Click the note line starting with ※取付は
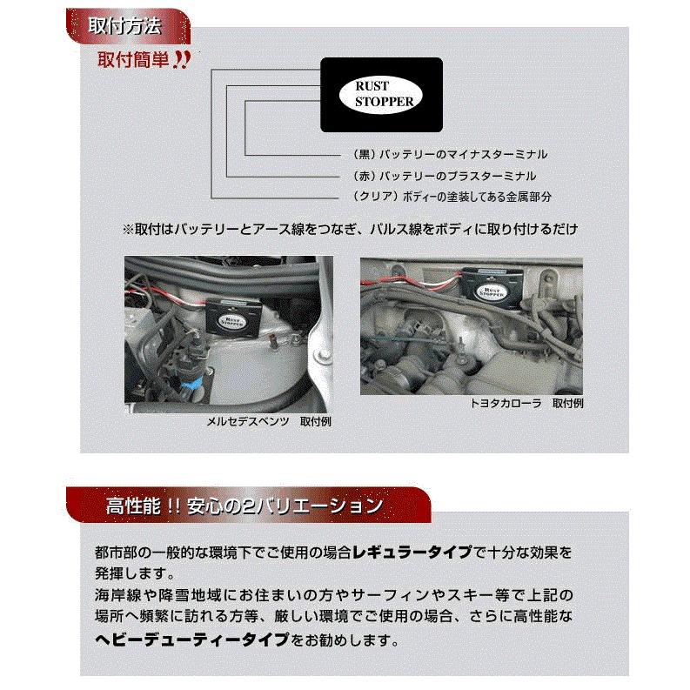pos(350,229)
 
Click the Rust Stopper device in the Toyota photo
pos(488,285)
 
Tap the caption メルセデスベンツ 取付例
pos(268,421)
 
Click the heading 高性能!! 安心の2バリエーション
pos(243,505)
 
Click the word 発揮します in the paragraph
pos(126,575)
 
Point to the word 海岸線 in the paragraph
pos(115,598)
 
